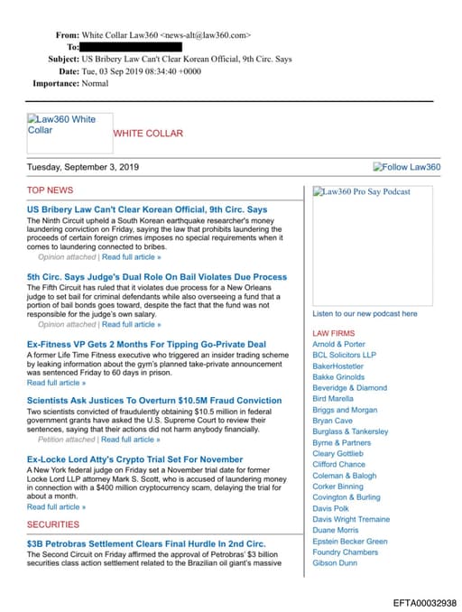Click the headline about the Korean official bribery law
coord(147,209)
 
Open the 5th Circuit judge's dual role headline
coord(157,277)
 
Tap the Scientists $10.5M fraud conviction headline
coord(154,401)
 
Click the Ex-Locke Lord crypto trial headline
coord(134,459)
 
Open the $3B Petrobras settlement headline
coord(146,543)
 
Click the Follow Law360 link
coord(407,167)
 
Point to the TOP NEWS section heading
coord(51,190)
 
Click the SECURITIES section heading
coord(53,524)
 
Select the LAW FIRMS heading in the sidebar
coord(334,333)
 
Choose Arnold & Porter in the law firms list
coord(338,344)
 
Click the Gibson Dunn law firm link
coord(335,563)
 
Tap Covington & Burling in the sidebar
coord(346,497)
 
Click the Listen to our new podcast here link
coord(365,314)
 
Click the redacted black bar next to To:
coord(131,47)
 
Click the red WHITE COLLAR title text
coord(148,134)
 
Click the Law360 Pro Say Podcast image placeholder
coord(361,191)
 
